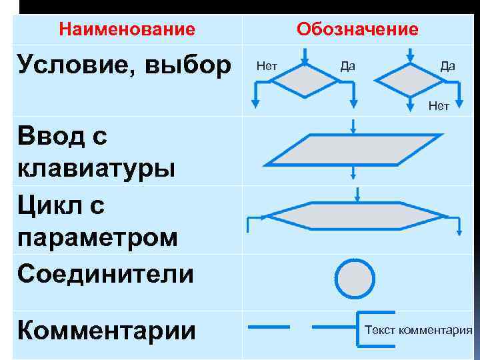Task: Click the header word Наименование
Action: click(x=127, y=29)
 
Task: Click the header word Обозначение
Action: click(x=358, y=29)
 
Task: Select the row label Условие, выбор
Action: click(x=125, y=65)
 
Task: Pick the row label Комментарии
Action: click(x=107, y=329)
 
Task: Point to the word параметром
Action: click(x=98, y=238)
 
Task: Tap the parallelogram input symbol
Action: click(x=353, y=149)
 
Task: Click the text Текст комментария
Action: click(x=419, y=330)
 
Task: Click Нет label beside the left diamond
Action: click(x=267, y=65)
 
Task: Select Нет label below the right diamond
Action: click(x=439, y=105)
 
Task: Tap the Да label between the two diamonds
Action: click(x=347, y=65)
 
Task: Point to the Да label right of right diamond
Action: click(x=447, y=65)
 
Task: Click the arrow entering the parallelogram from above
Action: click(x=353, y=125)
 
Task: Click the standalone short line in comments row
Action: click(x=268, y=327)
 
